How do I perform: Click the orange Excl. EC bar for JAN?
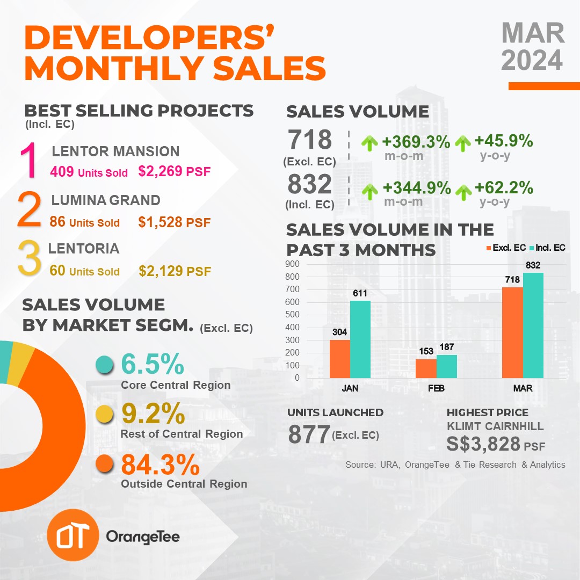(339, 359)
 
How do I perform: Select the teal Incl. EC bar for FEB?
(446, 366)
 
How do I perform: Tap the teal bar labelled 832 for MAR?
(533, 325)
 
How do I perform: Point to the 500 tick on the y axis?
(292, 314)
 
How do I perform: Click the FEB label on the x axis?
(436, 388)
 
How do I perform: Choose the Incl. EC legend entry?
(547, 248)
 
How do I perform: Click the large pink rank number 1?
(28, 161)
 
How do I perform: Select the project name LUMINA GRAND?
(106, 200)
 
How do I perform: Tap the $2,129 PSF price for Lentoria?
(175, 271)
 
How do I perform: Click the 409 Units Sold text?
(89, 172)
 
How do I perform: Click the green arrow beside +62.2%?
(463, 192)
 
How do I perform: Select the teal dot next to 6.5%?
(104, 365)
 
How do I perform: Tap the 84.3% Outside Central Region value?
(161, 465)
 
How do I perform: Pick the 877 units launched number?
(309, 434)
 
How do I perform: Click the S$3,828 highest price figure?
(483, 444)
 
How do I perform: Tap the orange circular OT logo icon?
(73, 535)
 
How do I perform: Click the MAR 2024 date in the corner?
(533, 46)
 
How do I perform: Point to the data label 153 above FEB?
(426, 351)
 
